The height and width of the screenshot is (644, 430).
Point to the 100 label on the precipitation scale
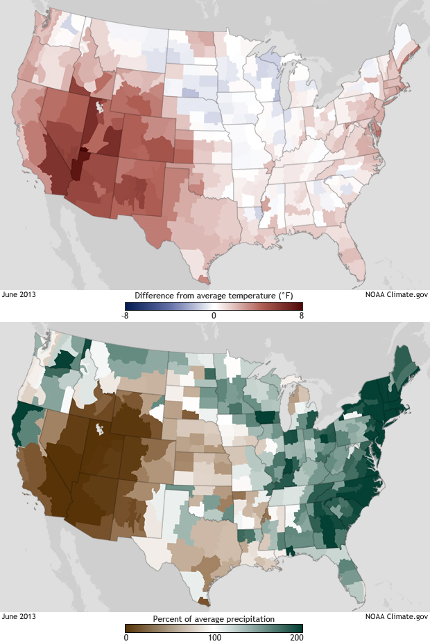click(x=214, y=638)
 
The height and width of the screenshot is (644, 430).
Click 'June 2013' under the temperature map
click(x=19, y=294)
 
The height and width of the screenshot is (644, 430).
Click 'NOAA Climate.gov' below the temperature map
click(x=397, y=294)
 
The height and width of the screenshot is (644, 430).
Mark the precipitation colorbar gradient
click(x=214, y=628)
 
